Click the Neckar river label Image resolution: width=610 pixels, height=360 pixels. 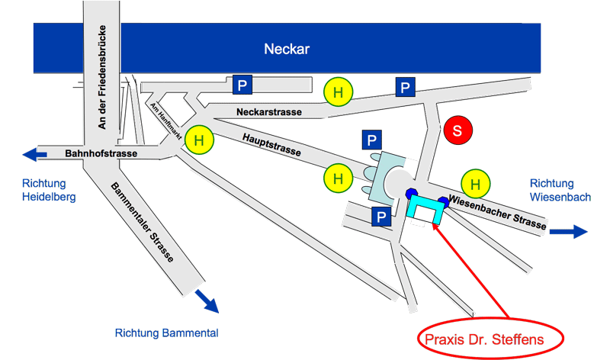pos(288,50)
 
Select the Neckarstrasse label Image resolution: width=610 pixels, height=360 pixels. pos(269,112)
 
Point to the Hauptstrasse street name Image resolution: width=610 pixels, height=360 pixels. pos(271,142)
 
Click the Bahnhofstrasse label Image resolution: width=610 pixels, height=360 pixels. pos(100,154)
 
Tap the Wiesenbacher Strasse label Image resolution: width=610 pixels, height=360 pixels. pos(499,213)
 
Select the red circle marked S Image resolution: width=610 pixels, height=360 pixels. pos(457,130)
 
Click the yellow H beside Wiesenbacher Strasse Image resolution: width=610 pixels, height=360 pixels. pos(477,183)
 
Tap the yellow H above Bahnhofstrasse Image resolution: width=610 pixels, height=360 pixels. pos(199,140)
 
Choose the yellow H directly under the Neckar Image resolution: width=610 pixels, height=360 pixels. pos(338,92)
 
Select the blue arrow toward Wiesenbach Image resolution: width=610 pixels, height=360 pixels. pos(570,231)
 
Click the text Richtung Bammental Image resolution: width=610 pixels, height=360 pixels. pos(167,333)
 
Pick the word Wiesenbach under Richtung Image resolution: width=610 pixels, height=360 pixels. pos(560,197)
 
